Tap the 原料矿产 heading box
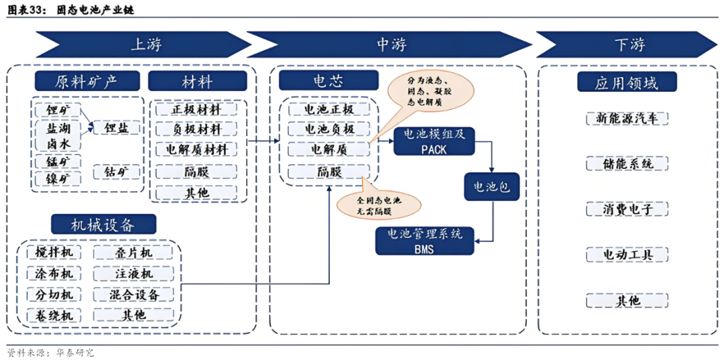point(87,82)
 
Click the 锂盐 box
point(117,127)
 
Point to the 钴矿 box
point(117,172)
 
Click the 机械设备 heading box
point(104,224)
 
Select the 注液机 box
point(133,274)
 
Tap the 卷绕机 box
point(54,315)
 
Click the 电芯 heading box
point(328,81)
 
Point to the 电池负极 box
point(328,129)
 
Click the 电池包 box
point(491,187)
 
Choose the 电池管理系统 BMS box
point(424,241)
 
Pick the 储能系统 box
point(626,164)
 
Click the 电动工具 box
point(626,255)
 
